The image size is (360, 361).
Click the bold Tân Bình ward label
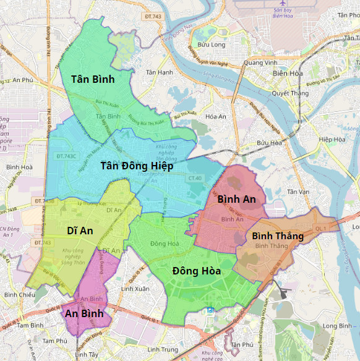click(93, 79)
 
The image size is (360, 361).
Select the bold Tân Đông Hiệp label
click(137, 166)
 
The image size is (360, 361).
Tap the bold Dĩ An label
click(80, 231)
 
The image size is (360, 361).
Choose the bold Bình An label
click(236, 199)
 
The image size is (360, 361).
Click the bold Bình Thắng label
click(277, 236)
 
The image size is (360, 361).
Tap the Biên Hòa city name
click(288, 74)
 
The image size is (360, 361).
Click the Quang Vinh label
click(260, 62)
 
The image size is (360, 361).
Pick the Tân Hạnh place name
click(159, 72)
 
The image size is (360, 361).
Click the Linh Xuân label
click(135, 289)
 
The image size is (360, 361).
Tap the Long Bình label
click(337, 326)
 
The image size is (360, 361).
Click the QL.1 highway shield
click(320, 228)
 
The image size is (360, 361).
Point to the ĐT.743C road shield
click(66, 156)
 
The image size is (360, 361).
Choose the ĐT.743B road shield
click(44, 201)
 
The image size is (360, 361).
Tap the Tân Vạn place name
click(299, 192)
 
